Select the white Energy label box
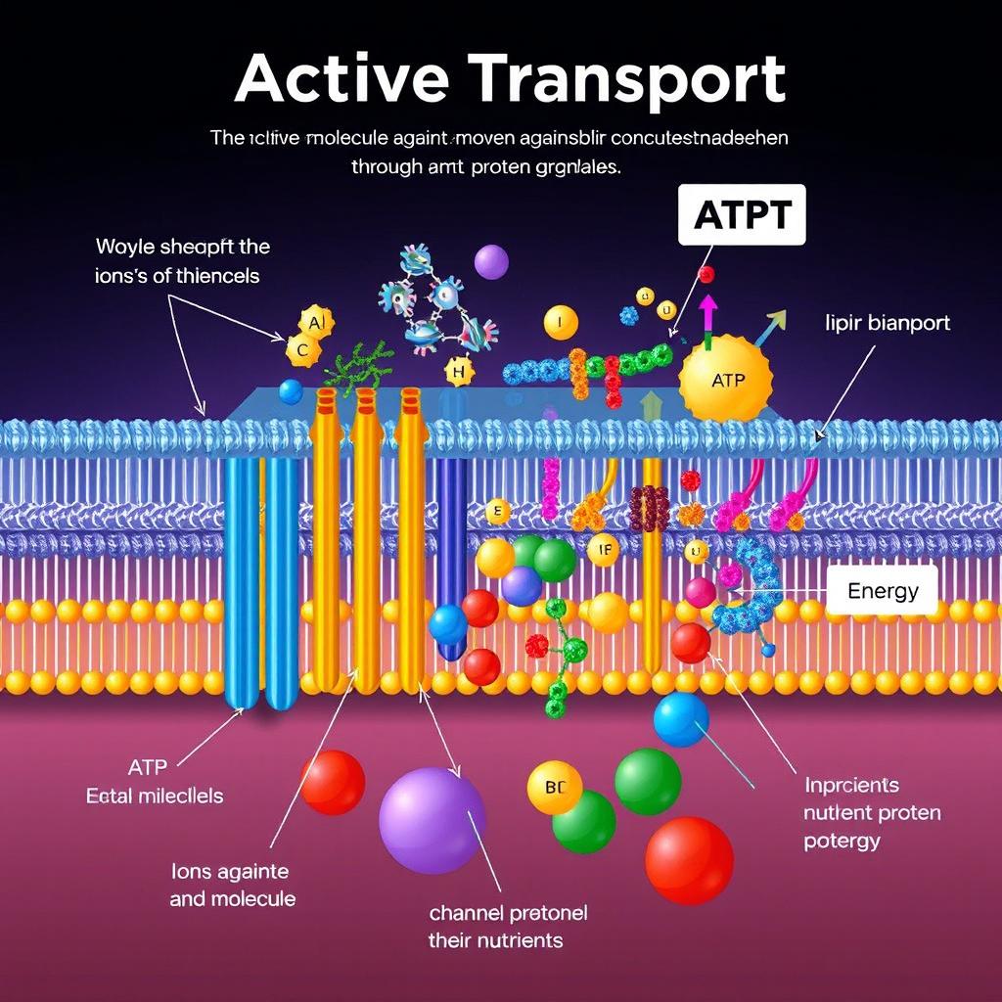tap(882, 590)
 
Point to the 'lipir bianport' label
tap(888, 323)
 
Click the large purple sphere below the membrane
tap(431, 820)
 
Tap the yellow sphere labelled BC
tap(554, 787)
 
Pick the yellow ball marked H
tap(458, 370)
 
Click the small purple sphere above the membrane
tap(491, 261)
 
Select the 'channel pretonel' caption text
tap(508, 914)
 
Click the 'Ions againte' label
tap(229, 871)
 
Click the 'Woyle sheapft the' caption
tap(182, 247)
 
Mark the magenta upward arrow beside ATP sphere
tap(707, 315)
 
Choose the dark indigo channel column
tap(450, 558)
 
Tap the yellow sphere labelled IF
tap(604, 550)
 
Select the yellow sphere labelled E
tap(498, 511)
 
